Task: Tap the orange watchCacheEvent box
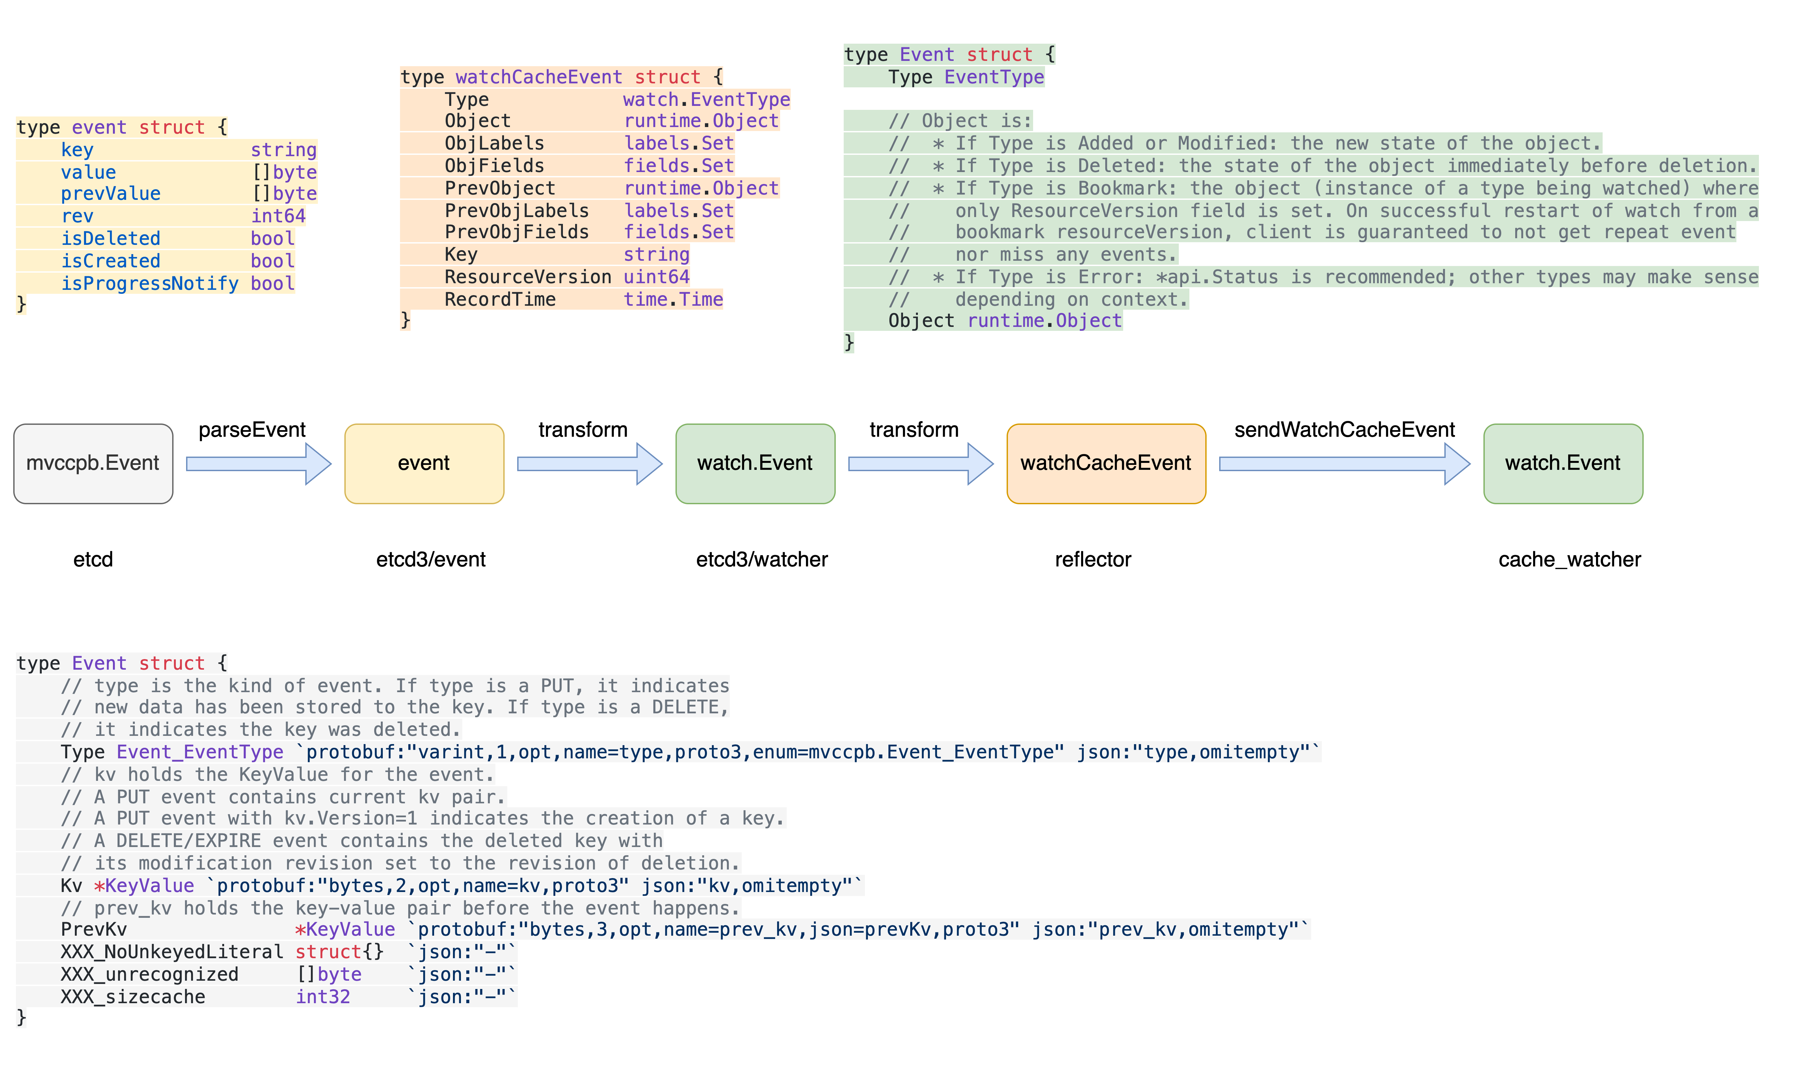coord(1106,463)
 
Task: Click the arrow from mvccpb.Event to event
coord(258,463)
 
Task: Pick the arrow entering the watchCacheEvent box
coord(920,463)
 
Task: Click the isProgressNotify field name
coord(150,283)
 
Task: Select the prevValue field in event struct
coord(111,194)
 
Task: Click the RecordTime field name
coord(500,299)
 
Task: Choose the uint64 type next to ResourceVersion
coord(656,277)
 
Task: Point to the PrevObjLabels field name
coord(517,210)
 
